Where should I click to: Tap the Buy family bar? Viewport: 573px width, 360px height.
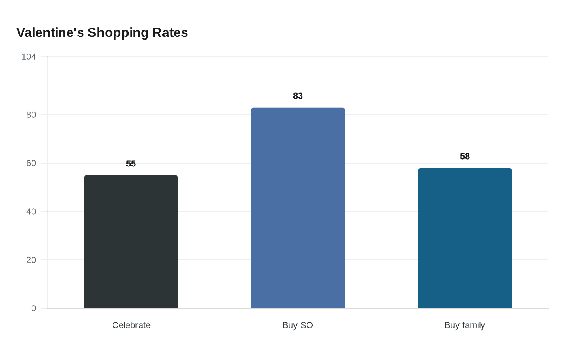tap(465, 238)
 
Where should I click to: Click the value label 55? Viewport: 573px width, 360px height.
tap(131, 164)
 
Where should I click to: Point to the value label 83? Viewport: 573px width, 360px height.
tap(298, 96)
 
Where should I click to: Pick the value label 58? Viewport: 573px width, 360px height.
tap(465, 156)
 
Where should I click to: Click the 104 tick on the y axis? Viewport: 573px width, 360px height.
tap(29, 57)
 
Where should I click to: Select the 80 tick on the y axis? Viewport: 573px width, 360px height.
tap(31, 115)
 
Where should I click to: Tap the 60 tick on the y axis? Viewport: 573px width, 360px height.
tap(31, 163)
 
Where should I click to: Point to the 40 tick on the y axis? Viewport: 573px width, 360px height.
tap(31, 211)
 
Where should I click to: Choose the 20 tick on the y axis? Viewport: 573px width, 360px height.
tap(31, 260)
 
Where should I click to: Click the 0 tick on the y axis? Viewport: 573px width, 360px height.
tap(34, 308)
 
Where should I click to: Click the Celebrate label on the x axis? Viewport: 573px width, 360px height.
tap(131, 325)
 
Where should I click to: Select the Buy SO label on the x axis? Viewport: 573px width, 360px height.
tap(298, 325)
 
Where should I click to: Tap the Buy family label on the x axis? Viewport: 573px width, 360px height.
tap(465, 325)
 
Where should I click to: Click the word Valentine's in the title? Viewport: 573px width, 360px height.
tap(50, 32)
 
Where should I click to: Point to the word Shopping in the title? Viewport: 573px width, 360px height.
tap(118, 32)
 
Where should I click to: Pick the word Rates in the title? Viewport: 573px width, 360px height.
tap(170, 32)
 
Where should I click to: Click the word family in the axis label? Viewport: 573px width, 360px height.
tap(474, 325)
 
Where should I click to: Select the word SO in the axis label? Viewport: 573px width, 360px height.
tap(306, 325)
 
